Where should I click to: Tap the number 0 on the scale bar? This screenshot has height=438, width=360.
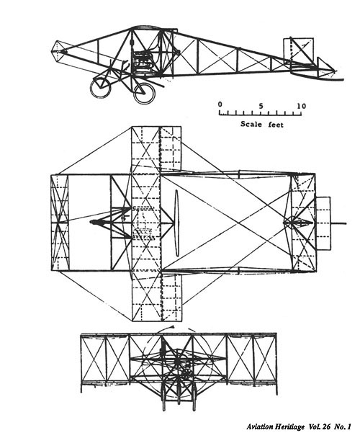[x=220, y=104]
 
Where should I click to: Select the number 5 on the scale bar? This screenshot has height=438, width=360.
[x=261, y=106]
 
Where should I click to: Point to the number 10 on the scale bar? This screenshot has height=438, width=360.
[x=302, y=106]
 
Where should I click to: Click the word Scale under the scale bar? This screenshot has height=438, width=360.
[x=251, y=123]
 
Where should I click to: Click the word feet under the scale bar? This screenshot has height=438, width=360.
[x=276, y=124]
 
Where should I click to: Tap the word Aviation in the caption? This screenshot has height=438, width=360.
[x=261, y=426]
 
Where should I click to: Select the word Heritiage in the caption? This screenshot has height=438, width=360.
[x=290, y=426]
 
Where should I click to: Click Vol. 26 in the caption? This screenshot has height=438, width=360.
[x=320, y=426]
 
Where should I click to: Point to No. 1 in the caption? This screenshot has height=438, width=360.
[x=342, y=426]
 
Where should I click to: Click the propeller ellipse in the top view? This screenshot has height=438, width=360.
[x=177, y=223]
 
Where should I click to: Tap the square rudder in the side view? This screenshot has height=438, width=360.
[x=298, y=51]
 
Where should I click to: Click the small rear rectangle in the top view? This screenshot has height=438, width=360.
[x=323, y=223]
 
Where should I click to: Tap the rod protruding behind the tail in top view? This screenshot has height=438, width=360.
[x=338, y=223]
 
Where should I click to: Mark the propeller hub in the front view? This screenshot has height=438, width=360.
[x=177, y=362]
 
